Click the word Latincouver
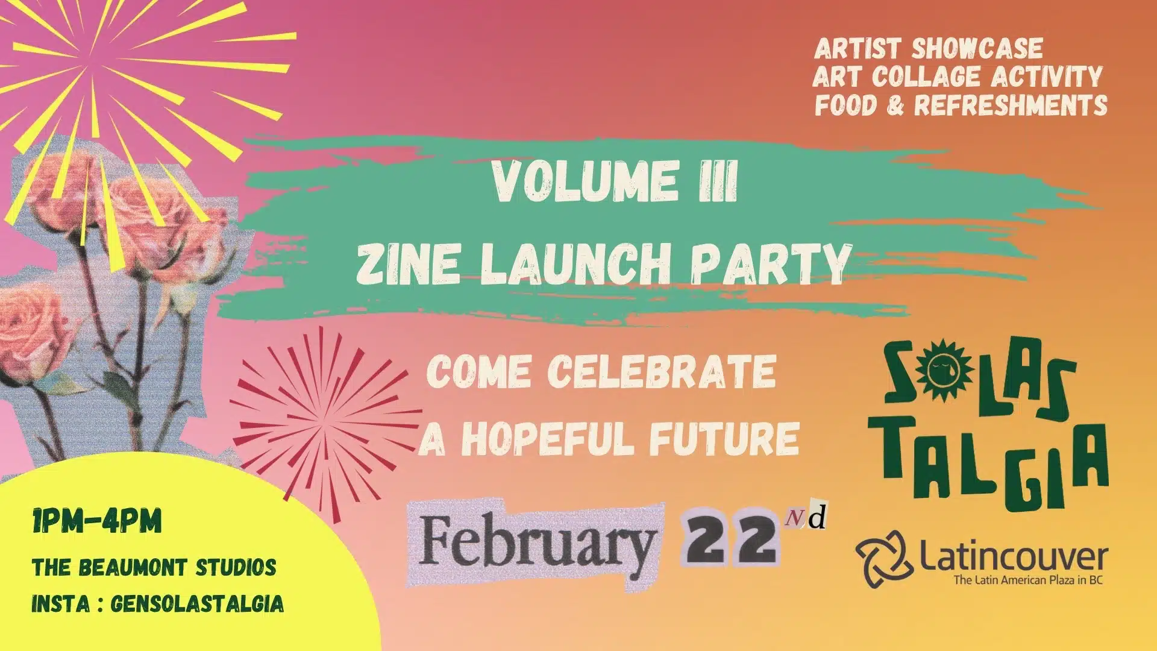click(1014, 558)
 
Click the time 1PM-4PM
click(97, 521)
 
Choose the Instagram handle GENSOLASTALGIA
click(197, 603)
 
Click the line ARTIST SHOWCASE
click(929, 49)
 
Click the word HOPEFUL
click(548, 438)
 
